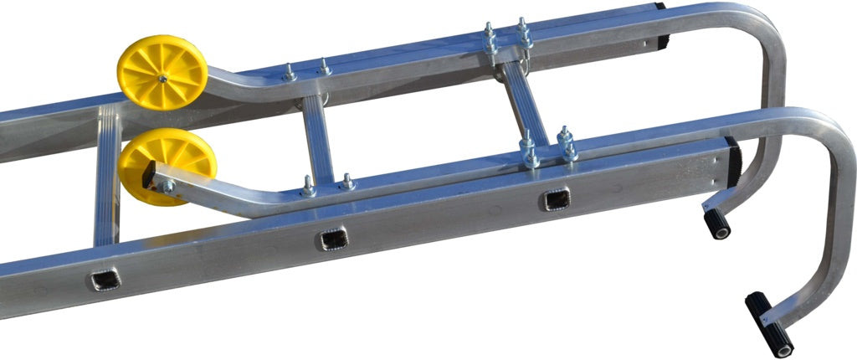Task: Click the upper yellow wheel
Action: (162, 72)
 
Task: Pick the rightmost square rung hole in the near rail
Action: (556, 199)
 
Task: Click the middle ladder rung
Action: (318, 140)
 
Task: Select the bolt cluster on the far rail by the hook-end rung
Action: (506, 39)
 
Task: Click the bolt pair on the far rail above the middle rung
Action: (306, 72)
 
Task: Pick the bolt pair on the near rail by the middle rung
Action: (326, 184)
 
